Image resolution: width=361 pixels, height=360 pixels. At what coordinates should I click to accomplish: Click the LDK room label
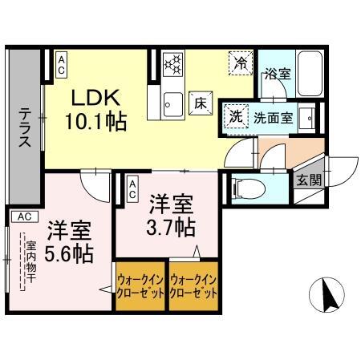click(x=96, y=99)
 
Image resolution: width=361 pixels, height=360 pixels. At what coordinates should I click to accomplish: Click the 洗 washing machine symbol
click(x=235, y=115)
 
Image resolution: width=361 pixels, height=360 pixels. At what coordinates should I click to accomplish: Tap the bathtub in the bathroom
click(x=309, y=76)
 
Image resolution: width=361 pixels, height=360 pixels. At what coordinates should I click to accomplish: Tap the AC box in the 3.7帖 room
click(x=132, y=190)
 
